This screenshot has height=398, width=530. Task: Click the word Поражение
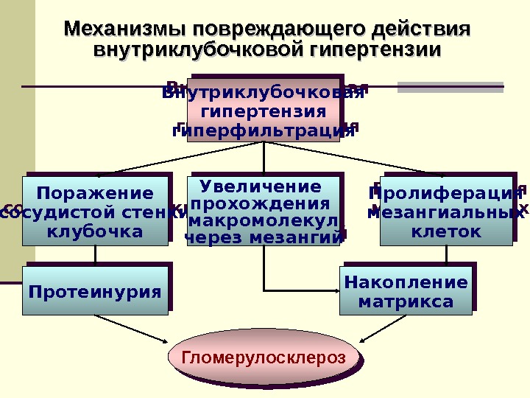click(x=96, y=193)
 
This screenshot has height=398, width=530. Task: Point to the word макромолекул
click(x=265, y=220)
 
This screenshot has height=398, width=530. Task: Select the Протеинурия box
click(x=95, y=291)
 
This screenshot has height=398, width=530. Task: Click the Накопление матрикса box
click(x=406, y=291)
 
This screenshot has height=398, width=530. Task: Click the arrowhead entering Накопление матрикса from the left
click(x=335, y=289)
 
